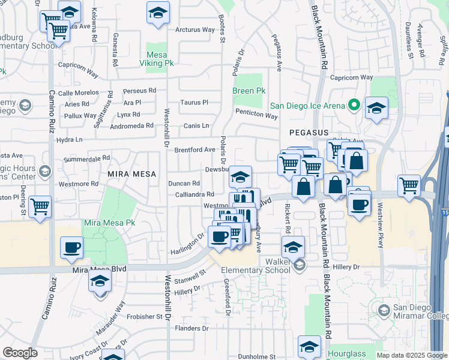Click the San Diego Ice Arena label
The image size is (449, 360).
click(x=307, y=106)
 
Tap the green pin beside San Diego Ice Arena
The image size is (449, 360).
click(x=354, y=106)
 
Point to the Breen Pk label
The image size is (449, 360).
click(x=249, y=91)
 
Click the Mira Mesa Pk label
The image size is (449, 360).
click(x=109, y=223)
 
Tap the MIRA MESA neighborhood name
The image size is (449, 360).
click(x=127, y=173)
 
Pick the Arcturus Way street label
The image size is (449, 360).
click(x=194, y=29)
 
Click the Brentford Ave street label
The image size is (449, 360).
click(x=194, y=149)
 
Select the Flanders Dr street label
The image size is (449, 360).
click(x=192, y=328)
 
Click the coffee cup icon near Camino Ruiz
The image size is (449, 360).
click(x=72, y=247)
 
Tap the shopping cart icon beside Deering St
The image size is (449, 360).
click(x=40, y=207)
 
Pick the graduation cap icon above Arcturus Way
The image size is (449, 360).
click(x=158, y=13)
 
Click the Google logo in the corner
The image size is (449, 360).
click(x=20, y=353)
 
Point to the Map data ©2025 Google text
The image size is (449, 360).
click(x=412, y=355)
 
